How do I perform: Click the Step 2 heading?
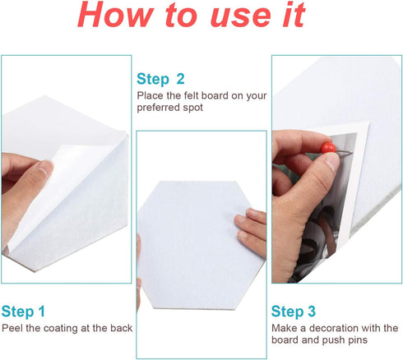[160, 79]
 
